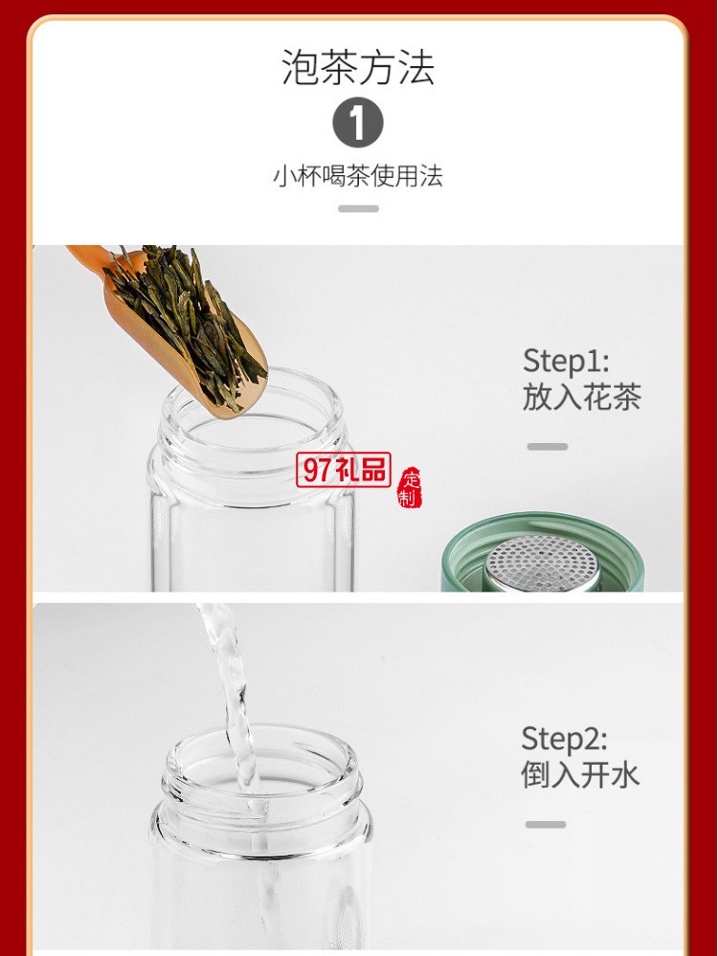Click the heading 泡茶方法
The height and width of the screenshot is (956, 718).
click(x=358, y=67)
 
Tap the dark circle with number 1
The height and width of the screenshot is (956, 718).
click(x=358, y=124)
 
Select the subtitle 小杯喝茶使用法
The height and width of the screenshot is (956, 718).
click(x=358, y=176)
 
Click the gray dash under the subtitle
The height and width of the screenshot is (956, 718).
click(x=358, y=209)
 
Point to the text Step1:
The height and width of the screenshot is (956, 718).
click(x=566, y=362)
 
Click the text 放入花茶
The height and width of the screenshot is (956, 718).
click(x=581, y=397)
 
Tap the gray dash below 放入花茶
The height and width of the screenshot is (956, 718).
click(x=547, y=447)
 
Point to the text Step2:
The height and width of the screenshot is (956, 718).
click(x=565, y=739)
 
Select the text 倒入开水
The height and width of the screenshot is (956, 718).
click(x=580, y=774)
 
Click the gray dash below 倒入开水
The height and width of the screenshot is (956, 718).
click(x=546, y=824)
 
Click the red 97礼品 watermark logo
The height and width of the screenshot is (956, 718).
click(x=345, y=470)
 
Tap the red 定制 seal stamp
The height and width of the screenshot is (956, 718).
click(x=410, y=488)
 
